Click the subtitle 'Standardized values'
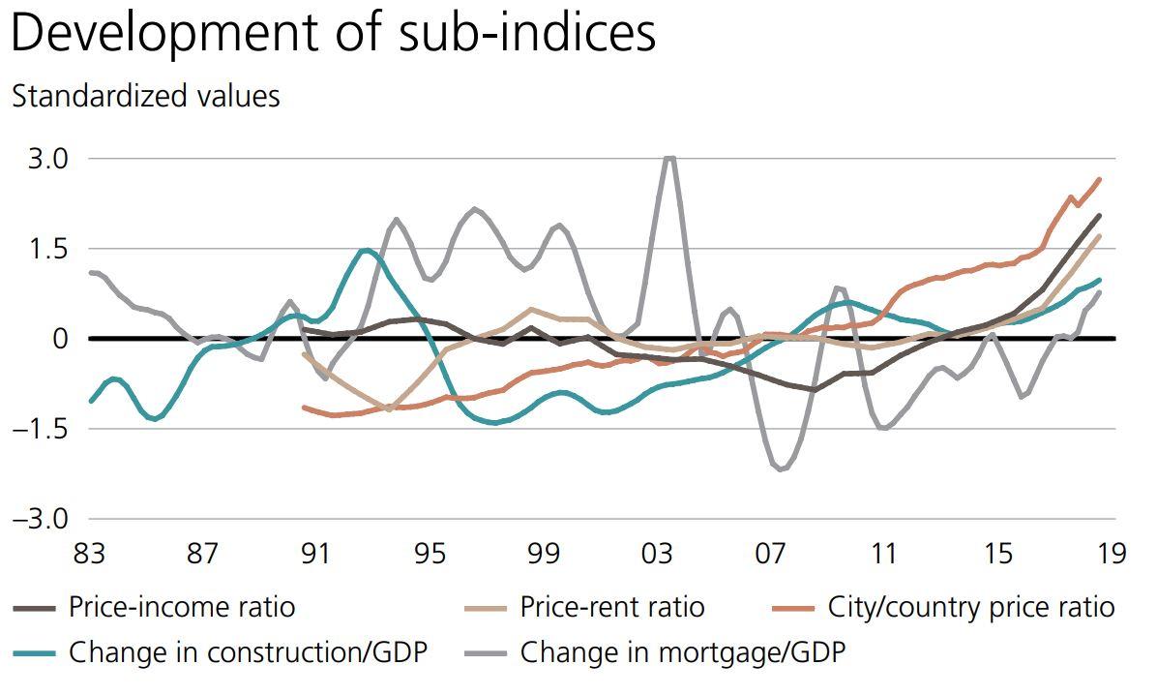[x=145, y=97]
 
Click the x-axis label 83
[x=88, y=555]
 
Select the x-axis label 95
[x=430, y=555]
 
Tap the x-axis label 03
[x=657, y=555]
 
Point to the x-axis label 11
[x=884, y=555]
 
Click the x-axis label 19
[x=1112, y=555]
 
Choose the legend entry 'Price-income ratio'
[x=181, y=608]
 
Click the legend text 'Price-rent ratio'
[x=611, y=608]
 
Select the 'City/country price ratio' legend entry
[x=970, y=608]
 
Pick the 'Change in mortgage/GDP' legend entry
[x=682, y=652]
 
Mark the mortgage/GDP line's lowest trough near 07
[x=782, y=469]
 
